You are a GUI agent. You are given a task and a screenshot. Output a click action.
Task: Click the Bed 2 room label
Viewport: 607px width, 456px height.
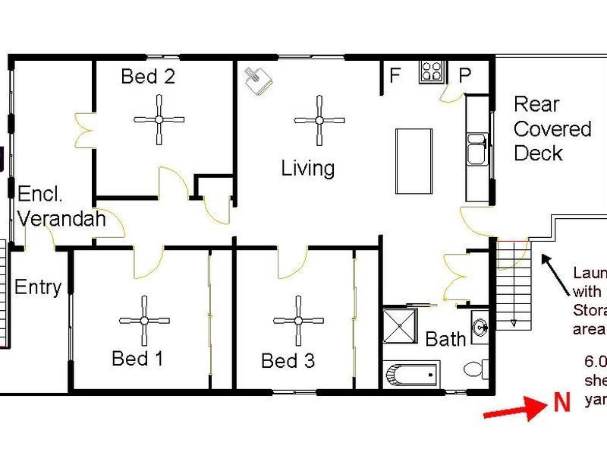[149, 76]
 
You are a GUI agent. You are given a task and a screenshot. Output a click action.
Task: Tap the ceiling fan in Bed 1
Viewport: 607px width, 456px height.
[143, 321]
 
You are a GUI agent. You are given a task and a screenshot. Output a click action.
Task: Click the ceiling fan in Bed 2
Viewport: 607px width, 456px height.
[159, 119]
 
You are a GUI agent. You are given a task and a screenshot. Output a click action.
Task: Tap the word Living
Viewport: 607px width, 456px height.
[308, 168]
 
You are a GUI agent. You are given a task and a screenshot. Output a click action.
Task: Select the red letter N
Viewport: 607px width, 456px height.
[561, 403]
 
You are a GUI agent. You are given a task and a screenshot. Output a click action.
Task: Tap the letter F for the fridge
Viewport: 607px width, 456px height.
[395, 75]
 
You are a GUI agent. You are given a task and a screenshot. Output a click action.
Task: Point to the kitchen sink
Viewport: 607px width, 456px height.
[477, 149]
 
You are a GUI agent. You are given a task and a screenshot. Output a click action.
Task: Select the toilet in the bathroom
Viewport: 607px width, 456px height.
[476, 370]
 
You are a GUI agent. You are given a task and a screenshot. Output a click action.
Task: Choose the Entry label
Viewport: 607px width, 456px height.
[38, 287]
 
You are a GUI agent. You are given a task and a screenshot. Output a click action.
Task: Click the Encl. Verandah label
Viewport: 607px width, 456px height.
[61, 206]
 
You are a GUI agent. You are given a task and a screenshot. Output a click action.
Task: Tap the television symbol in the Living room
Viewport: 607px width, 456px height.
[258, 79]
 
